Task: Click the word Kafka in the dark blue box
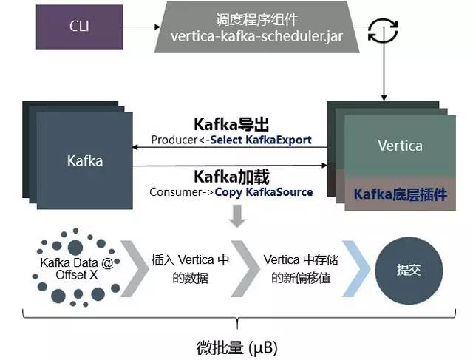tap(84, 160)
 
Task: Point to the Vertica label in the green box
tap(400, 145)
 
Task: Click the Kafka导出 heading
tap(231, 123)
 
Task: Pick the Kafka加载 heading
tap(231, 177)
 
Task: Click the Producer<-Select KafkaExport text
tap(231, 139)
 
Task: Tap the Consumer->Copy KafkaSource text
tap(231, 192)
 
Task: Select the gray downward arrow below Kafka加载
tap(237, 215)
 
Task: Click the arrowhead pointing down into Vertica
tap(384, 96)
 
